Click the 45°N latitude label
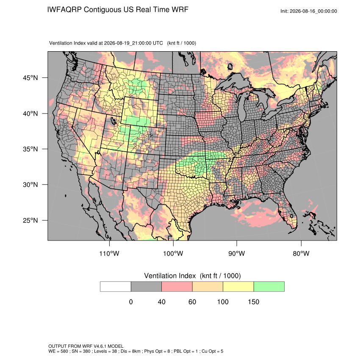coord(30,78)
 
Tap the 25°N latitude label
coord(30,220)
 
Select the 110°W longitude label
coord(109,253)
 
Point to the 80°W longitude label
coord(301,253)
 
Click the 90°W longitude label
coord(236,253)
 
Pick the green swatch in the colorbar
coord(269,287)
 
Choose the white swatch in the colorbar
coord(116,287)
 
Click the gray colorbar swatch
coord(146,287)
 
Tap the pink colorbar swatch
coord(177,287)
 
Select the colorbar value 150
coord(253,302)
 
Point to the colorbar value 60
coord(192,302)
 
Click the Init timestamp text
coord(309,11)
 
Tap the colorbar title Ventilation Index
coord(170,276)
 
